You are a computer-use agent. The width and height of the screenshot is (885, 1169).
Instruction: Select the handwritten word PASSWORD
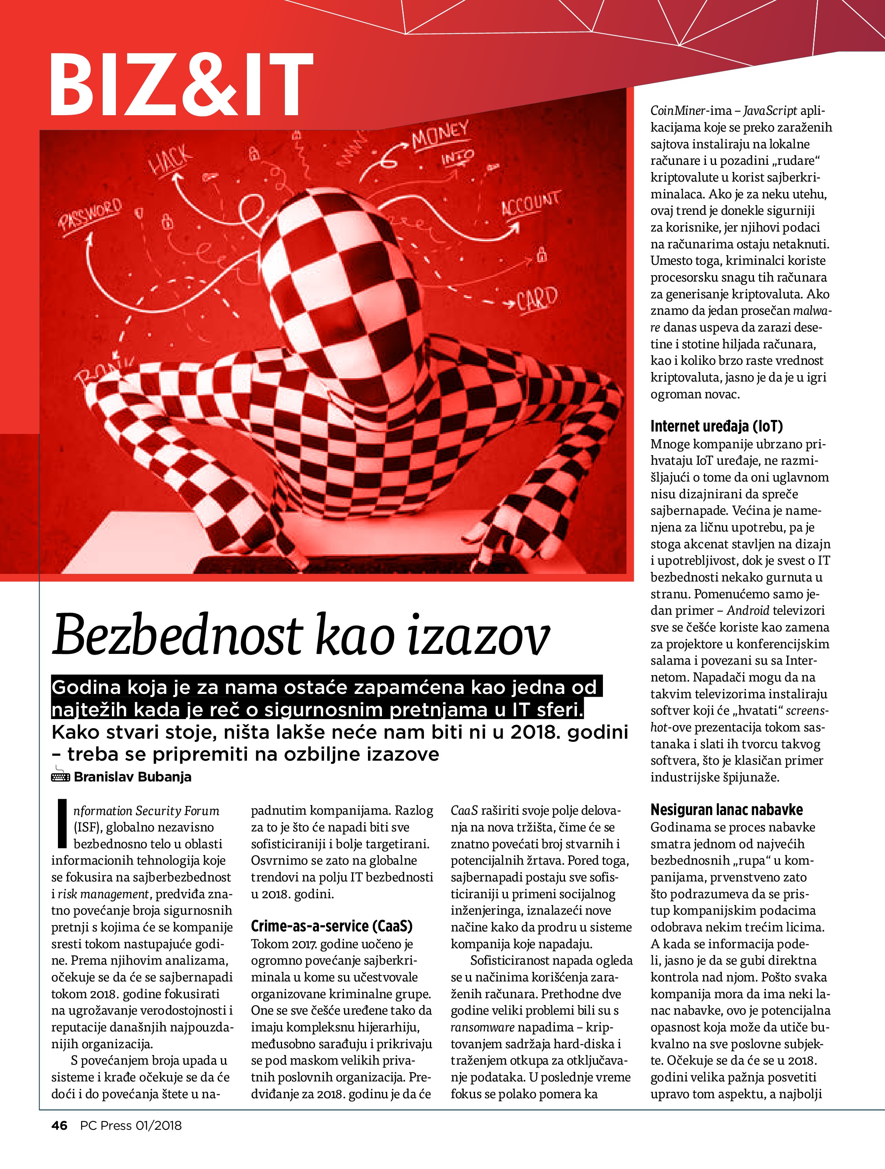(91, 214)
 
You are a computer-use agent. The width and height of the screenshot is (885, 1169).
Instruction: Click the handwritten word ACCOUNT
(530, 204)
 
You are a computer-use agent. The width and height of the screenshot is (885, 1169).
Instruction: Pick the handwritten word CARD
(537, 299)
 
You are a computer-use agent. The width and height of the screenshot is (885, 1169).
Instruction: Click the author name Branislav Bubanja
(133, 777)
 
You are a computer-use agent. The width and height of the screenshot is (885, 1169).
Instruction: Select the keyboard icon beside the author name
(60, 776)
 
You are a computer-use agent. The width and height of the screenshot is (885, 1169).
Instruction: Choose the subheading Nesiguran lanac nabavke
(726, 809)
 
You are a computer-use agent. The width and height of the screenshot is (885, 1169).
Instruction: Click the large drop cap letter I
(62, 824)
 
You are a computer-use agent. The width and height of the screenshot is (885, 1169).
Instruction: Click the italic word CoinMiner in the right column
(678, 111)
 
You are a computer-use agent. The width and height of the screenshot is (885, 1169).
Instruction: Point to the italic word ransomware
(482, 1027)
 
